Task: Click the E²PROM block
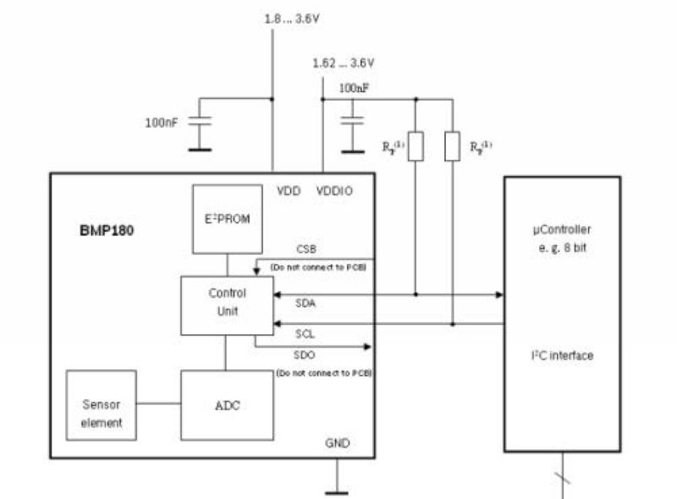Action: tap(227, 218)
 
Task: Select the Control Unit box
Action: tap(227, 304)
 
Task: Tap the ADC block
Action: tap(227, 405)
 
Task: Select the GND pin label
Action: tap(337, 443)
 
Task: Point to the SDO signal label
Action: tap(306, 354)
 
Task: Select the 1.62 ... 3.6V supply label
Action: tap(343, 63)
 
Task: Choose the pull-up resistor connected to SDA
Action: tap(415, 145)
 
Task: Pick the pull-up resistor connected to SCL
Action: tap(453, 145)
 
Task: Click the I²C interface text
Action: tap(562, 356)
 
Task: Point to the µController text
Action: tap(562, 229)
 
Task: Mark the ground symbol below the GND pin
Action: tap(336, 491)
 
